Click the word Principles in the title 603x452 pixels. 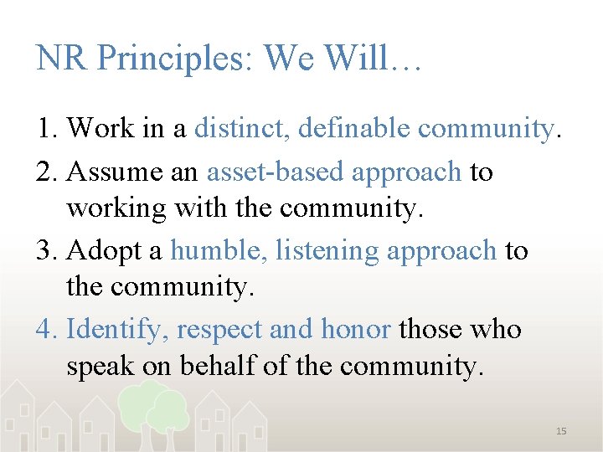point(173,59)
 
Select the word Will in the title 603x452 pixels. point(356,59)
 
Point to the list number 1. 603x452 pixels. point(45,128)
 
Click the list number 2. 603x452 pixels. point(45,172)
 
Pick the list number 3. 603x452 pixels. point(45,250)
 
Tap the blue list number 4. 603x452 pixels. point(45,329)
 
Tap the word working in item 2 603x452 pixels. point(116,207)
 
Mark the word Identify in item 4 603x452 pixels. point(118,329)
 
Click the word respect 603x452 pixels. point(219,331)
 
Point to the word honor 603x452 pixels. point(355,329)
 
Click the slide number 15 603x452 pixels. point(561,431)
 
